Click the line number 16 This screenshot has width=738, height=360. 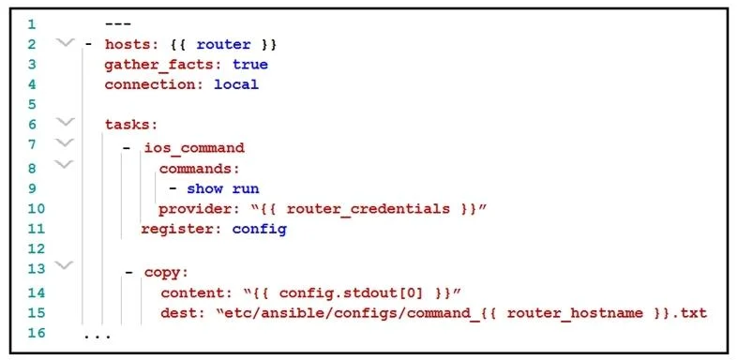(x=37, y=333)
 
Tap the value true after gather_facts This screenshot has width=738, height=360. (x=250, y=65)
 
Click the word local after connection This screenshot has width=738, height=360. (x=236, y=84)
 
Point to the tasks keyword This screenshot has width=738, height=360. (x=128, y=125)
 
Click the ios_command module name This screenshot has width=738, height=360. (x=195, y=148)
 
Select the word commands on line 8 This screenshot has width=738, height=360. (x=195, y=168)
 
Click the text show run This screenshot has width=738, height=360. (x=223, y=189)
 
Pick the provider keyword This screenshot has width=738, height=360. (x=195, y=209)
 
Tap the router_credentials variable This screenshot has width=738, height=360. (x=368, y=209)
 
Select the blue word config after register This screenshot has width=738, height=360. (x=260, y=229)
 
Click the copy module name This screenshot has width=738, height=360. (x=163, y=273)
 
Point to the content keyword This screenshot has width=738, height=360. (x=192, y=293)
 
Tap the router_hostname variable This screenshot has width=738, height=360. (x=575, y=313)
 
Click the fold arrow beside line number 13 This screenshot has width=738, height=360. (x=65, y=265)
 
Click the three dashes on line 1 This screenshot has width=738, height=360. (x=117, y=24)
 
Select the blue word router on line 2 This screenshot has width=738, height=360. (x=223, y=45)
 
